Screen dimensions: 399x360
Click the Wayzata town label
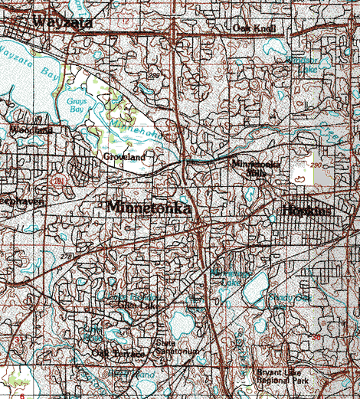[63, 22]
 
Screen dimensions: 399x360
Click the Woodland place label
[31, 130]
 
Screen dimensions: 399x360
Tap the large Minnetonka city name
[149, 207]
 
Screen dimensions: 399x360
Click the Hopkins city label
[306, 211]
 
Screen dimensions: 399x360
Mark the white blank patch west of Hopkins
[307, 175]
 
